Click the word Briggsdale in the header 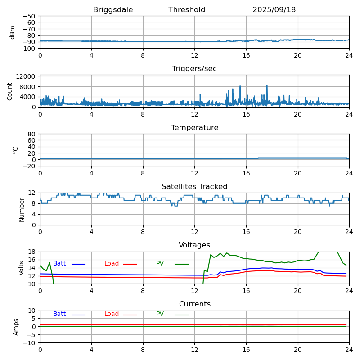pos(113,10)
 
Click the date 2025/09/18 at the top pos(274,10)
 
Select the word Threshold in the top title pos(187,10)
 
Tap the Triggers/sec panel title pos(194,69)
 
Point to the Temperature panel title pos(194,128)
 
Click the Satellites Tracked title pos(194,187)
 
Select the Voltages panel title pos(194,245)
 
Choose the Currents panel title pos(194,304)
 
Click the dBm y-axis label pos(13,32)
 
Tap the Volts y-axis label pos(22,268)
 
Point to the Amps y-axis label pos(16,327)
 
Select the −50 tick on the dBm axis pos(29,16)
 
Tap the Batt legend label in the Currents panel pos(59,314)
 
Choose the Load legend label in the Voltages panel pos(112,264)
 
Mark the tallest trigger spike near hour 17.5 pos(267,85)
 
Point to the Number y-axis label pos(22,209)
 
